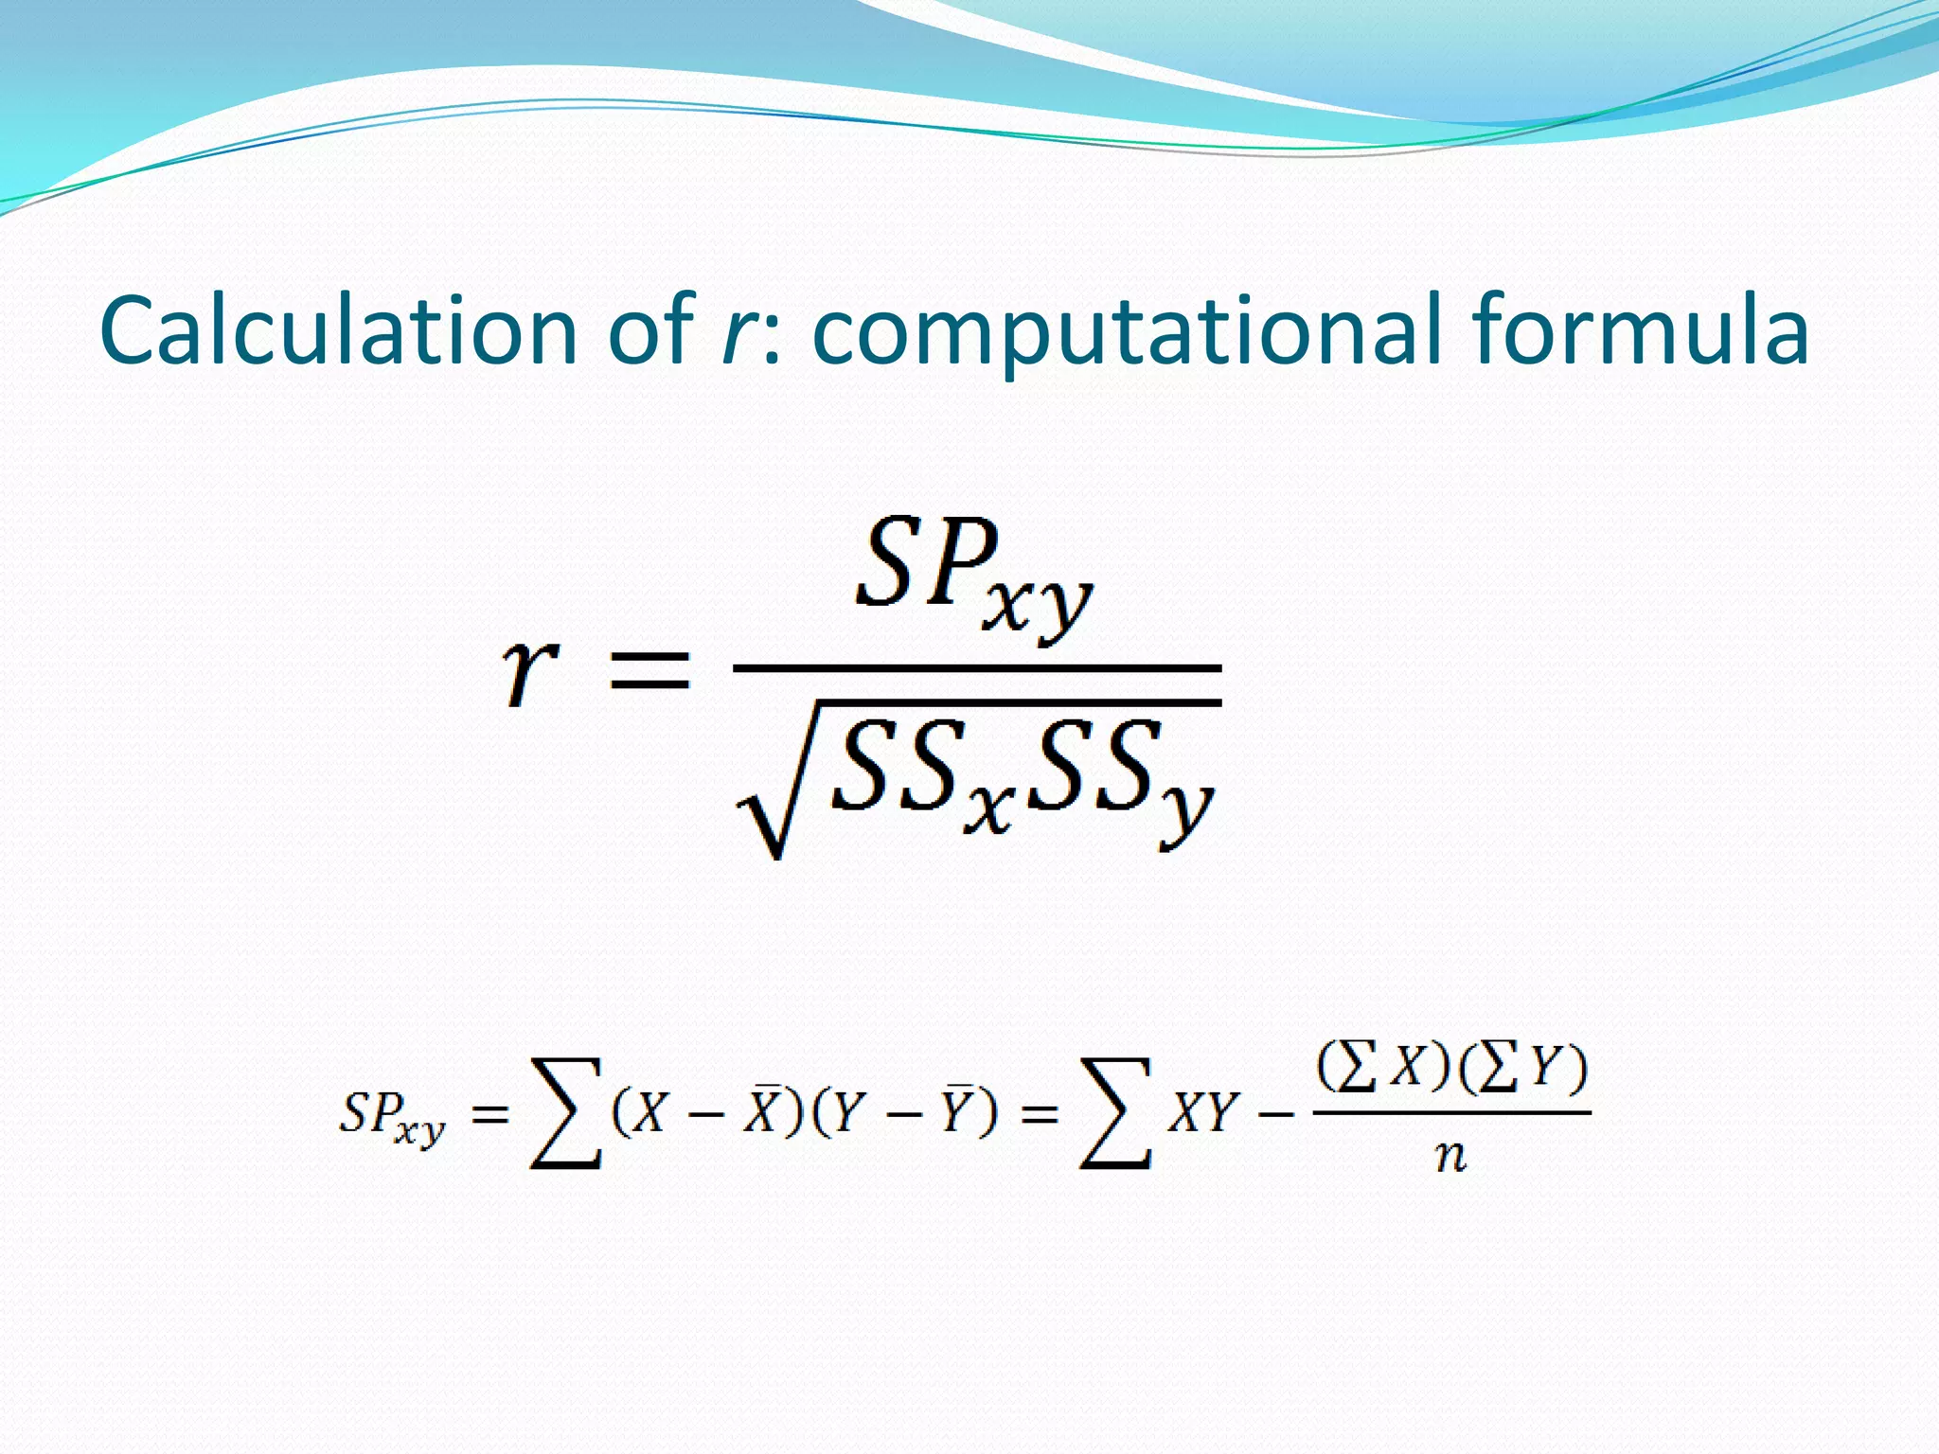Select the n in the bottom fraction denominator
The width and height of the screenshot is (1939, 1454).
(x=1450, y=1156)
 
